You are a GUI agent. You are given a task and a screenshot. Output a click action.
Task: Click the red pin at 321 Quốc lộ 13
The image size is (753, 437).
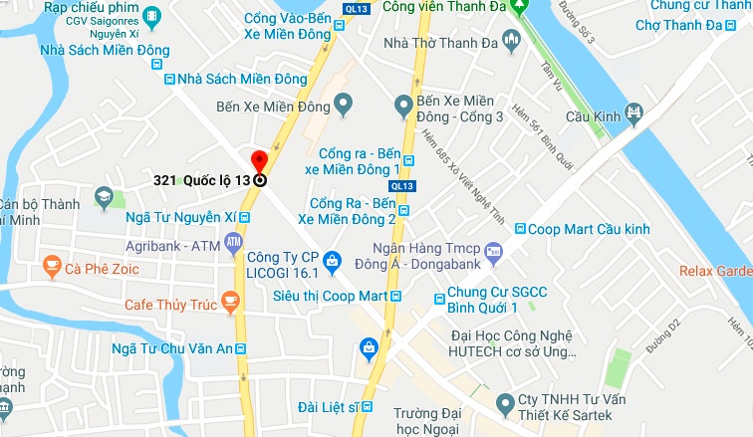click(259, 161)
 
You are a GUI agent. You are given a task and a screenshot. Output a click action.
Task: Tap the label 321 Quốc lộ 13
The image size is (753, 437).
click(201, 181)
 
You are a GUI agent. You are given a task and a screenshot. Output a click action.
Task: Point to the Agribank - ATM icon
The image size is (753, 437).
click(233, 242)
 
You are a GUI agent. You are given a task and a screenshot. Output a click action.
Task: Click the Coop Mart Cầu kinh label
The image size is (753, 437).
click(589, 230)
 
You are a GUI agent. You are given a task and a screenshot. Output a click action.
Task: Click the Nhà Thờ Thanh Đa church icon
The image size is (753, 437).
click(512, 42)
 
